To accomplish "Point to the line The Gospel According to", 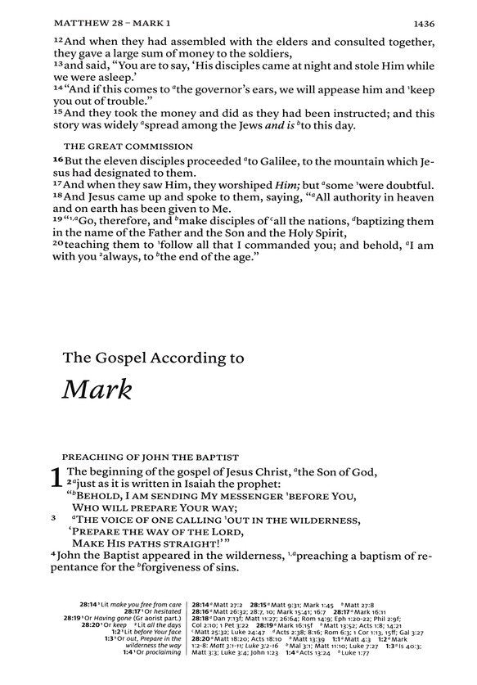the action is pos(153,357).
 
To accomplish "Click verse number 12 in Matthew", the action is pos(58,38).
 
